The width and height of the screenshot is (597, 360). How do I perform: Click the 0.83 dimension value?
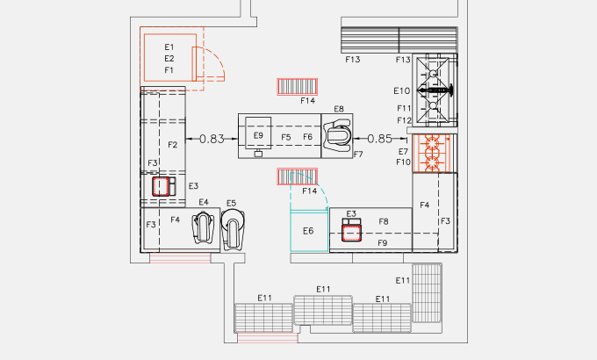212,139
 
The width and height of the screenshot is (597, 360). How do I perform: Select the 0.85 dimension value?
379,139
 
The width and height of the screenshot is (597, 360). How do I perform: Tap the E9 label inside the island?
258,135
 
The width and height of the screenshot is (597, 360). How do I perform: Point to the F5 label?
286,137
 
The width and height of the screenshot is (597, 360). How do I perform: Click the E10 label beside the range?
402,90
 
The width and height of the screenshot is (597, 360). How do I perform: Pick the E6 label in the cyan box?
308,231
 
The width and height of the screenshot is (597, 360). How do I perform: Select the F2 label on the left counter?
172,145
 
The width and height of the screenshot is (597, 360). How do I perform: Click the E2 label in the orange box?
169,59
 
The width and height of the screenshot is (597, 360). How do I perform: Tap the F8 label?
384,222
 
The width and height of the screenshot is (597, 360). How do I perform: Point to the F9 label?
382,243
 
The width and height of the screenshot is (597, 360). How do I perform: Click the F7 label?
358,155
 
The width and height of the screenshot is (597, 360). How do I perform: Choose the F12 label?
405,121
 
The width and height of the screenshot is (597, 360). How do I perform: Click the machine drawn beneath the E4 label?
203,228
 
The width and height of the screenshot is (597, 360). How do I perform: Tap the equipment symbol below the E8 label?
336,135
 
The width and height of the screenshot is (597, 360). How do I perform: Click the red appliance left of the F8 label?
351,233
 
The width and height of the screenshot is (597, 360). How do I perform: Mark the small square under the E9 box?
258,154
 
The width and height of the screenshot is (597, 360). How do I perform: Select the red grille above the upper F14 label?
298,86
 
